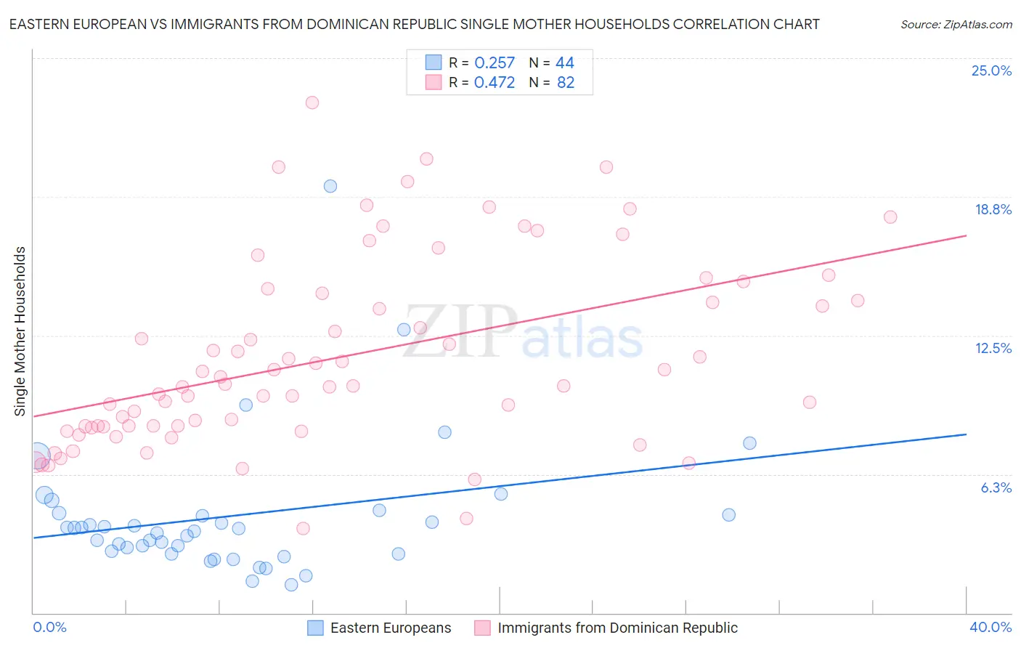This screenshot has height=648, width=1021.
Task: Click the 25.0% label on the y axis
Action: (991, 70)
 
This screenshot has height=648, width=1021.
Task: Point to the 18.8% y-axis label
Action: (993, 209)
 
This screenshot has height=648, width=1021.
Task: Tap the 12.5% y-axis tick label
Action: (993, 348)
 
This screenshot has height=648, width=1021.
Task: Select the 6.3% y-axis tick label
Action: (996, 487)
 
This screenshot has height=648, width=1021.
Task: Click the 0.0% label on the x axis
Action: (49, 627)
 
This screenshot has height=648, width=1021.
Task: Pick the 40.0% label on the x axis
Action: (990, 627)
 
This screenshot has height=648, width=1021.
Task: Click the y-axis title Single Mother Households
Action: (20, 331)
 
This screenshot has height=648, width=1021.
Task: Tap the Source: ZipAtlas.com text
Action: (956, 24)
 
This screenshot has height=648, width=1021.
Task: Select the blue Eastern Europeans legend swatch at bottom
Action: (315, 628)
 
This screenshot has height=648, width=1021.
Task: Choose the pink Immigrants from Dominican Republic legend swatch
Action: (482, 628)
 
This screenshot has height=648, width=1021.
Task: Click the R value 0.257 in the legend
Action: (494, 63)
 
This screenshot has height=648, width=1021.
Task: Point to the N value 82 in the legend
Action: (565, 83)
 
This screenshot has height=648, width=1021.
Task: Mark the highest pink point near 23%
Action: (312, 102)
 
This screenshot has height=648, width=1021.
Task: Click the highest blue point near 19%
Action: (330, 186)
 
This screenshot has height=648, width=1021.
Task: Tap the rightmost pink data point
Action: (890, 217)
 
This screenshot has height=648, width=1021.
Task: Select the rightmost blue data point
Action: (749, 443)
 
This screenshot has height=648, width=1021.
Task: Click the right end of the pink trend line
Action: (966, 235)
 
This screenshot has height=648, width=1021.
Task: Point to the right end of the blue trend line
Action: (966, 434)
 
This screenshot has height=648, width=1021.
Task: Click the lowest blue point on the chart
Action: (291, 585)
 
